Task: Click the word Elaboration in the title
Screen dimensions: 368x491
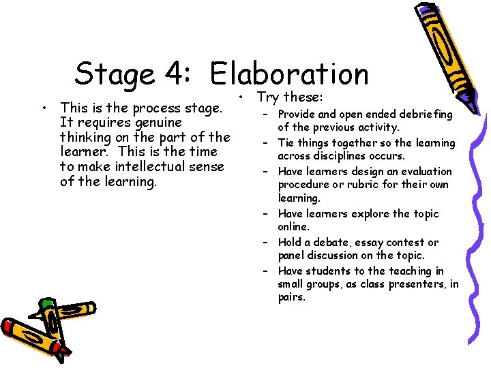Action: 289,74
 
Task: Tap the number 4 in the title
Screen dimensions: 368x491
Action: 181,74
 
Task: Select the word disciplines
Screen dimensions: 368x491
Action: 342,156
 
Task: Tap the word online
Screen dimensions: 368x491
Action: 293,226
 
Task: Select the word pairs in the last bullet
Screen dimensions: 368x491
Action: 292,298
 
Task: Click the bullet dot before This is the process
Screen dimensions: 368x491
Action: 44,108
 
